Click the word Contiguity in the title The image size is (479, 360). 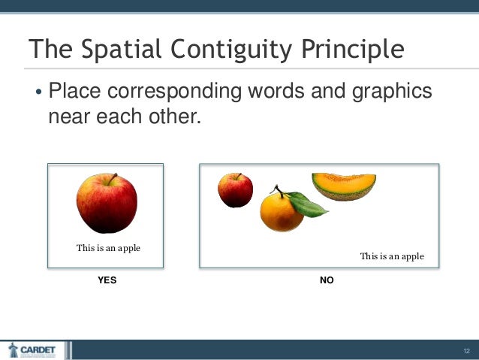tap(233, 50)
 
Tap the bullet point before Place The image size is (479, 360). tap(38, 94)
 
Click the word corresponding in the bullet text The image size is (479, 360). tap(175, 92)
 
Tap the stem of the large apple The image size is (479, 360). tap(113, 179)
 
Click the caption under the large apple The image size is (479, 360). tap(108, 248)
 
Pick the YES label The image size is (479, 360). tap(107, 280)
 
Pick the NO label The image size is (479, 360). tap(327, 280)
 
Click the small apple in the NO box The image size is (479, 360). tap(235, 190)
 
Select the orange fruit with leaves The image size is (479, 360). tap(282, 212)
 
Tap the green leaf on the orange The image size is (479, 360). tap(309, 204)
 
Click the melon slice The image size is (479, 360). tap(344, 186)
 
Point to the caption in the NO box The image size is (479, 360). tap(392, 256)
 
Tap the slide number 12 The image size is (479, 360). tap(466, 351)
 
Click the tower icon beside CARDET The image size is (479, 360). tap(13, 349)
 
